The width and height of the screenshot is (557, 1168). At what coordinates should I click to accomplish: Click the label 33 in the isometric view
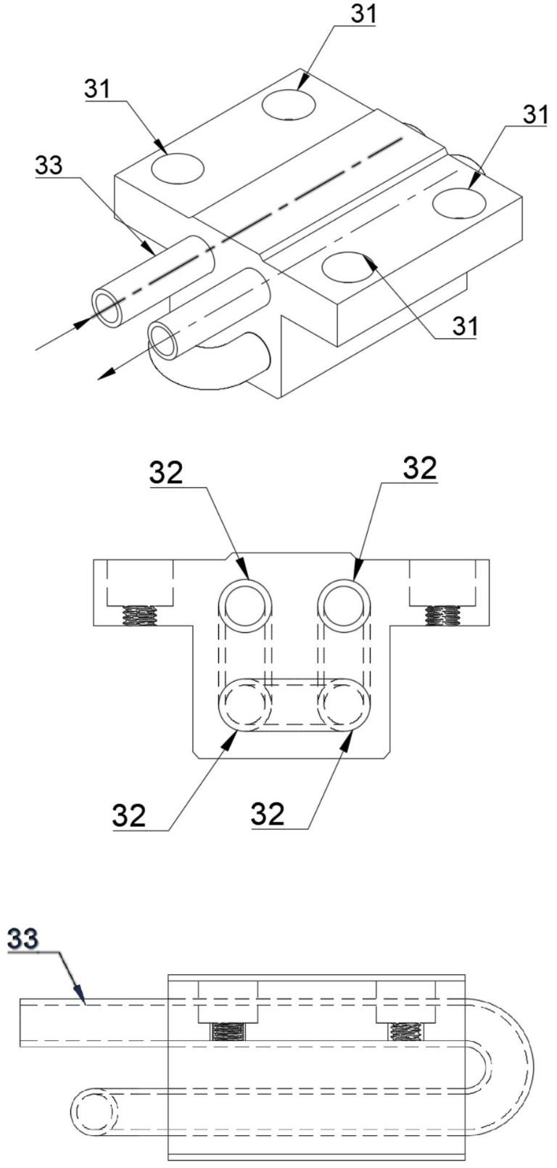pyautogui.click(x=49, y=165)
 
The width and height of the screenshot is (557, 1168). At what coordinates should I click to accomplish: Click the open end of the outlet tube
pyautogui.click(x=163, y=340)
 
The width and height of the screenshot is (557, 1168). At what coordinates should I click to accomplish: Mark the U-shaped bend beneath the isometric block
pyautogui.click(x=208, y=365)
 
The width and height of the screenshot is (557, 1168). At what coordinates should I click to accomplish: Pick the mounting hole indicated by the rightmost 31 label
pyautogui.click(x=459, y=202)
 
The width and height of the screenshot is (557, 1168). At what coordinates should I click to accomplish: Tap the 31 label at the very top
pyautogui.click(x=363, y=13)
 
